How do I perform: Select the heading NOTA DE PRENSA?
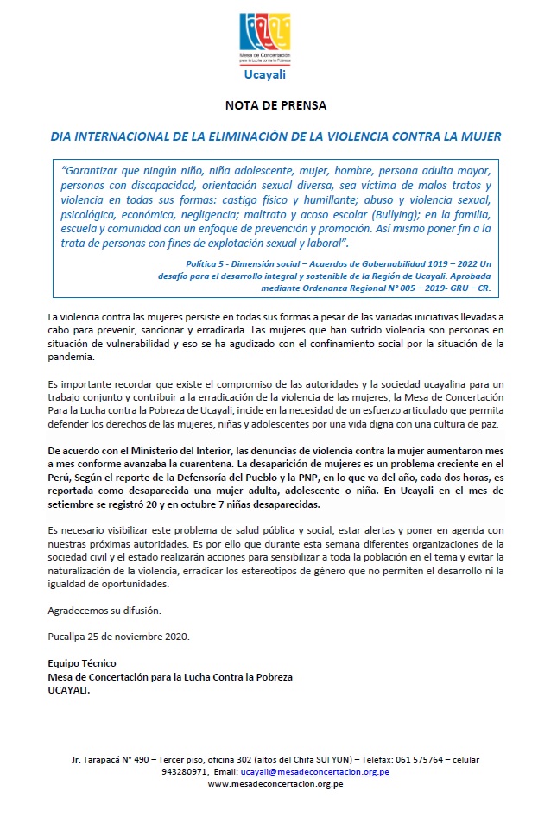(x=275, y=107)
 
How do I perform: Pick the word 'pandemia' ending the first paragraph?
(x=72, y=356)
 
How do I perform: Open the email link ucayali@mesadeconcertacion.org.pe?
(x=314, y=771)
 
